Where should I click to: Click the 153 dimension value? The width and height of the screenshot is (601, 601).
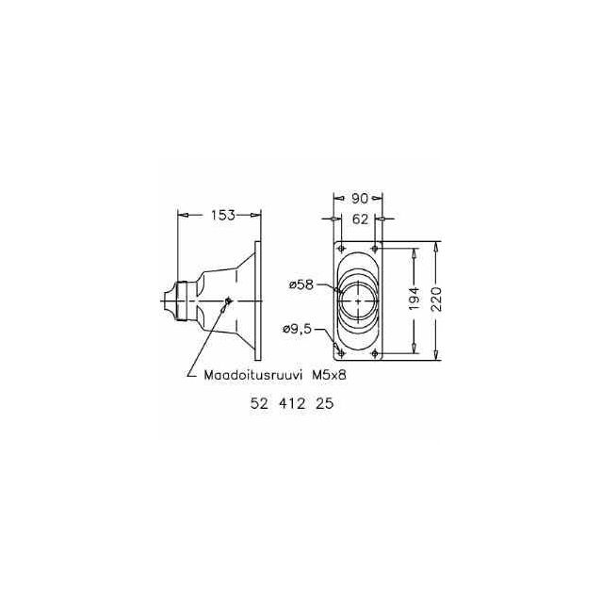(222, 215)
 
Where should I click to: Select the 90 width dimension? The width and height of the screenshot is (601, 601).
(360, 198)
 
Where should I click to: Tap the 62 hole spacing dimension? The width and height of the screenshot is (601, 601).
(360, 219)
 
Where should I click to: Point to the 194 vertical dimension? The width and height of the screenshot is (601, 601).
(414, 299)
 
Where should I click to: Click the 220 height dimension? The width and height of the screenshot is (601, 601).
(437, 299)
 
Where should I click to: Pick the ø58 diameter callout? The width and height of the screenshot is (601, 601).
(301, 284)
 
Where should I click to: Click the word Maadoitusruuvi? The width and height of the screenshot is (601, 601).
(253, 375)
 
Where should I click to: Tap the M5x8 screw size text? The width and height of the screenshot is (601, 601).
(330, 375)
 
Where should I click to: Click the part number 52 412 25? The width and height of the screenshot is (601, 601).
(292, 403)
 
